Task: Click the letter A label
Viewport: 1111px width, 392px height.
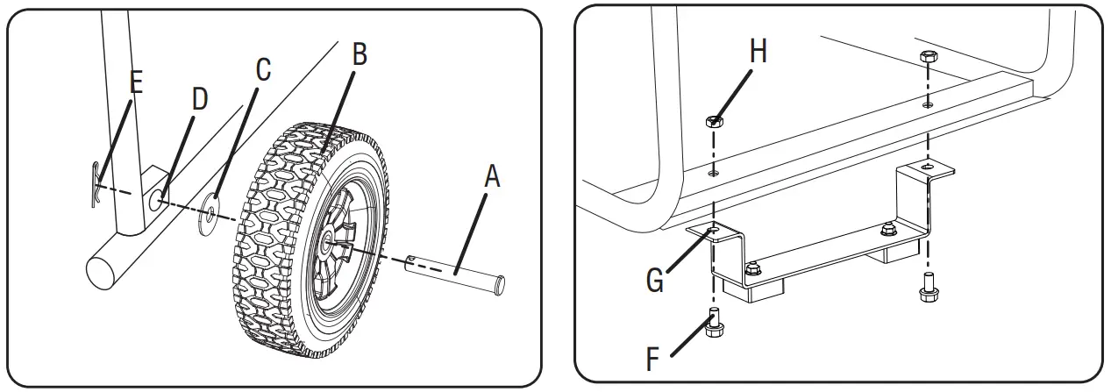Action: (x=492, y=178)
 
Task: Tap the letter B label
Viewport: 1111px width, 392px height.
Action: (x=359, y=54)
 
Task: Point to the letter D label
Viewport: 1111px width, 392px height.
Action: (x=199, y=99)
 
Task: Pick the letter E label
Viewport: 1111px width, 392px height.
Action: (x=135, y=82)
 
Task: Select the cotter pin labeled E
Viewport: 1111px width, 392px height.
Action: (x=97, y=185)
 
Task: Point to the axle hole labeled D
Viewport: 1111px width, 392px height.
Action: (x=157, y=201)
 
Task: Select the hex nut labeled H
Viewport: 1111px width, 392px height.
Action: (x=716, y=122)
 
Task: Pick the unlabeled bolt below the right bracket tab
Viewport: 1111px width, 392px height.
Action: (x=927, y=289)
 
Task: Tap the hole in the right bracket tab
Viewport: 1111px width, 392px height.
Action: (x=928, y=167)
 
